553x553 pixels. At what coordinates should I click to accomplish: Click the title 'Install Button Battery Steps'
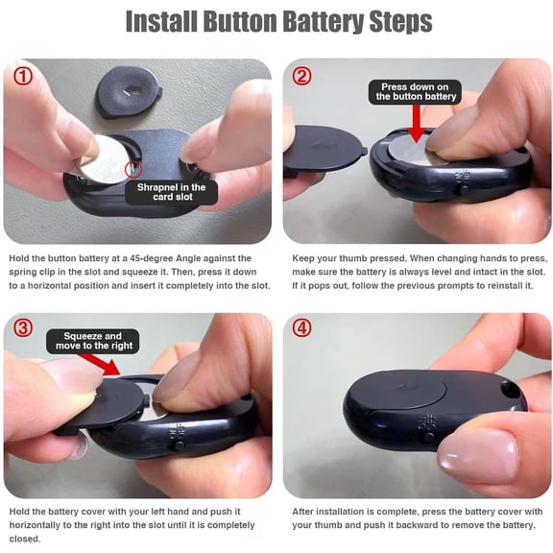277,21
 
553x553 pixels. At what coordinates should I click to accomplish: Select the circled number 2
301,76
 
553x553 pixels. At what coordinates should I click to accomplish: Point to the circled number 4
301,328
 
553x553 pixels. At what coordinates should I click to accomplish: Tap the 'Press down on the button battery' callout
416,91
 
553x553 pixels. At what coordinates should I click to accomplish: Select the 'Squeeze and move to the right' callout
93,341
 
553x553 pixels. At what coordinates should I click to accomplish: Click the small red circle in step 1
132,172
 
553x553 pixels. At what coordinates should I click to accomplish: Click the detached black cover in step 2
324,154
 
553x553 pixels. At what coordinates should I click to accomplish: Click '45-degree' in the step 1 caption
170,258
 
